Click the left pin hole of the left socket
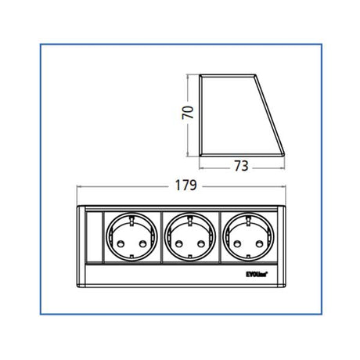[x=120, y=243]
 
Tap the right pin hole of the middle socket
[x=197, y=243]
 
